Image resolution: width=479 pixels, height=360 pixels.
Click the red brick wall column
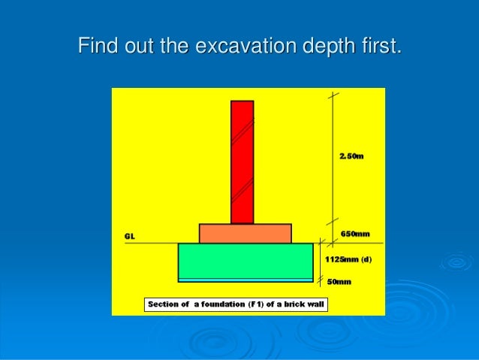click(x=242, y=162)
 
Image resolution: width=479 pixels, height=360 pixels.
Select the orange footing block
click(x=245, y=233)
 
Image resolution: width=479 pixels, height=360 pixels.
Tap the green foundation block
click(x=245, y=261)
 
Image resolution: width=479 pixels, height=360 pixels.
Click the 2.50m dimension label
click(x=351, y=156)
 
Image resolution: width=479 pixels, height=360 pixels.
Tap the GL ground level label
click(x=129, y=236)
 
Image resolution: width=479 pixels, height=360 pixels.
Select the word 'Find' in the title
click(x=96, y=46)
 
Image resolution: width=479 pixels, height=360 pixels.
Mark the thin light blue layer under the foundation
click(x=245, y=280)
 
